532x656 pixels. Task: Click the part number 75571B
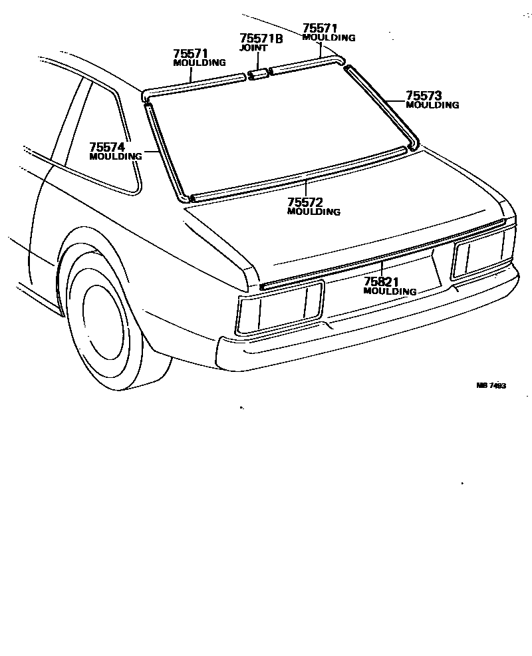click(x=261, y=39)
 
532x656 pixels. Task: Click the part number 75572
click(x=305, y=202)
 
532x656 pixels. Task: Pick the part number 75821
click(x=381, y=282)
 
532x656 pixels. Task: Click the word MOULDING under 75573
click(x=432, y=105)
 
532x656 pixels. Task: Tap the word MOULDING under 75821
click(x=390, y=291)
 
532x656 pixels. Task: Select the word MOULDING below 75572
click(x=313, y=212)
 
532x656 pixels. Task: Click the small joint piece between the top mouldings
click(x=257, y=73)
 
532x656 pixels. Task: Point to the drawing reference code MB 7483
click(x=491, y=386)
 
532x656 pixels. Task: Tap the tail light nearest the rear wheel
click(x=279, y=307)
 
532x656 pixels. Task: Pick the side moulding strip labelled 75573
click(x=382, y=104)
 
